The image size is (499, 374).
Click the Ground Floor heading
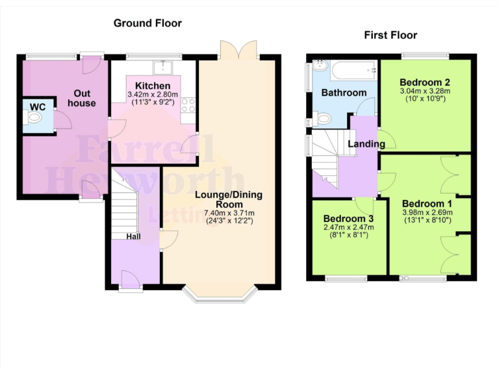[x=147, y=23]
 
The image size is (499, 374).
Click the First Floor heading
[x=390, y=35]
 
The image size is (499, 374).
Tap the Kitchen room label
[x=153, y=86]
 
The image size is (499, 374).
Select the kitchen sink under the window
[x=160, y=68]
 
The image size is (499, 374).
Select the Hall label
[x=134, y=237]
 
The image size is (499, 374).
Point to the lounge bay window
[x=221, y=295]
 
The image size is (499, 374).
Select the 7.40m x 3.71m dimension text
[x=220, y=213]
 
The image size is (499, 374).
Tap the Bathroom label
[x=344, y=93]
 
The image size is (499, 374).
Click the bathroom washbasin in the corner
[x=319, y=66]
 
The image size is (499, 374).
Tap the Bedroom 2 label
[x=425, y=82]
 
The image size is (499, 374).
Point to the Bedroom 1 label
[x=427, y=203]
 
